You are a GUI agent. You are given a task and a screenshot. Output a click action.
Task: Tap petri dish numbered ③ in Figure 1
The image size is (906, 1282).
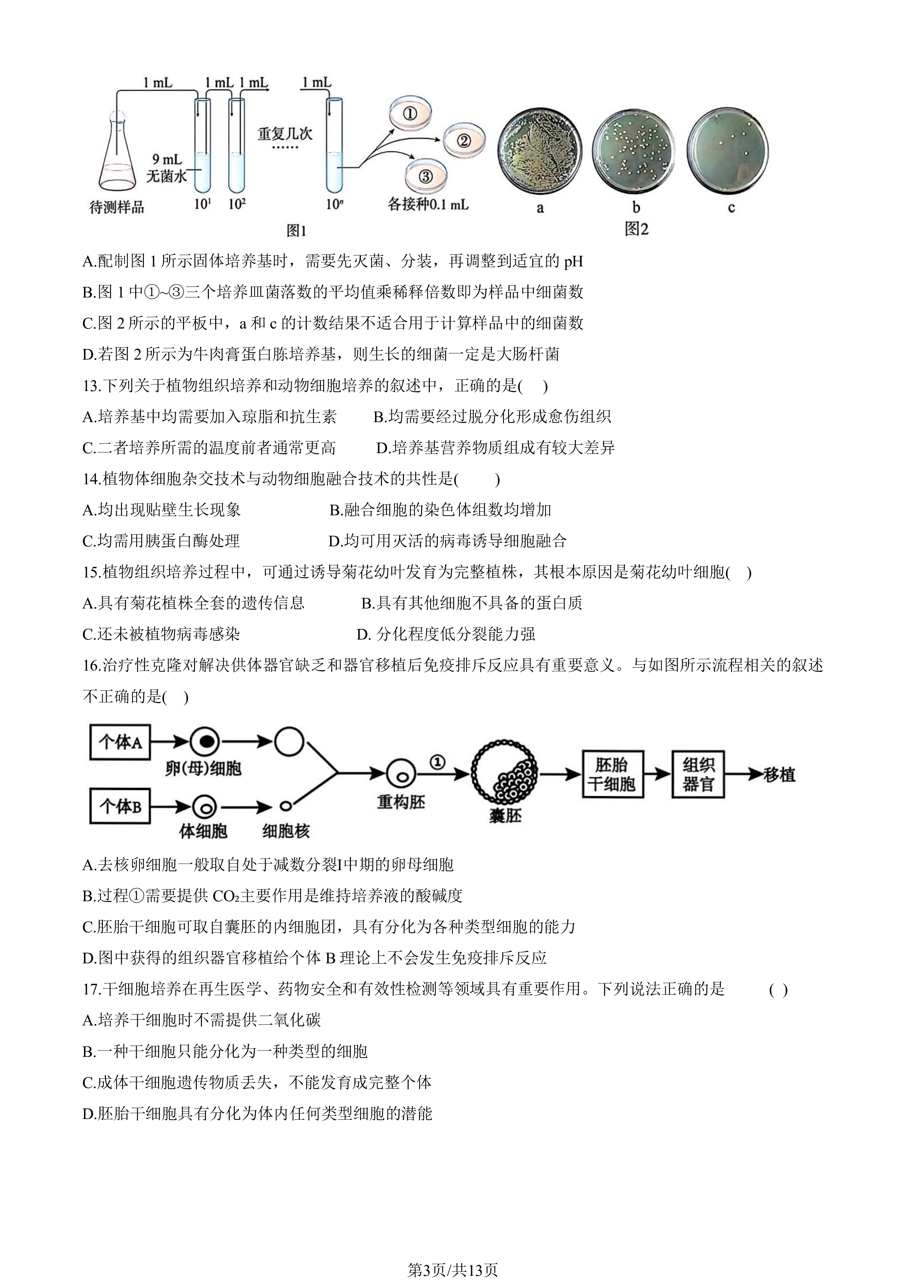point(425,177)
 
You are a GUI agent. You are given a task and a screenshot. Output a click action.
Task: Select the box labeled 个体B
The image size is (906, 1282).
point(120,807)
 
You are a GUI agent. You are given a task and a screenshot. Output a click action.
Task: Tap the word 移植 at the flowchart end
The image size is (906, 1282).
point(779,774)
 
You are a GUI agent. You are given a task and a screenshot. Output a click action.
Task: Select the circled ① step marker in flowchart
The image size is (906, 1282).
point(437,761)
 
